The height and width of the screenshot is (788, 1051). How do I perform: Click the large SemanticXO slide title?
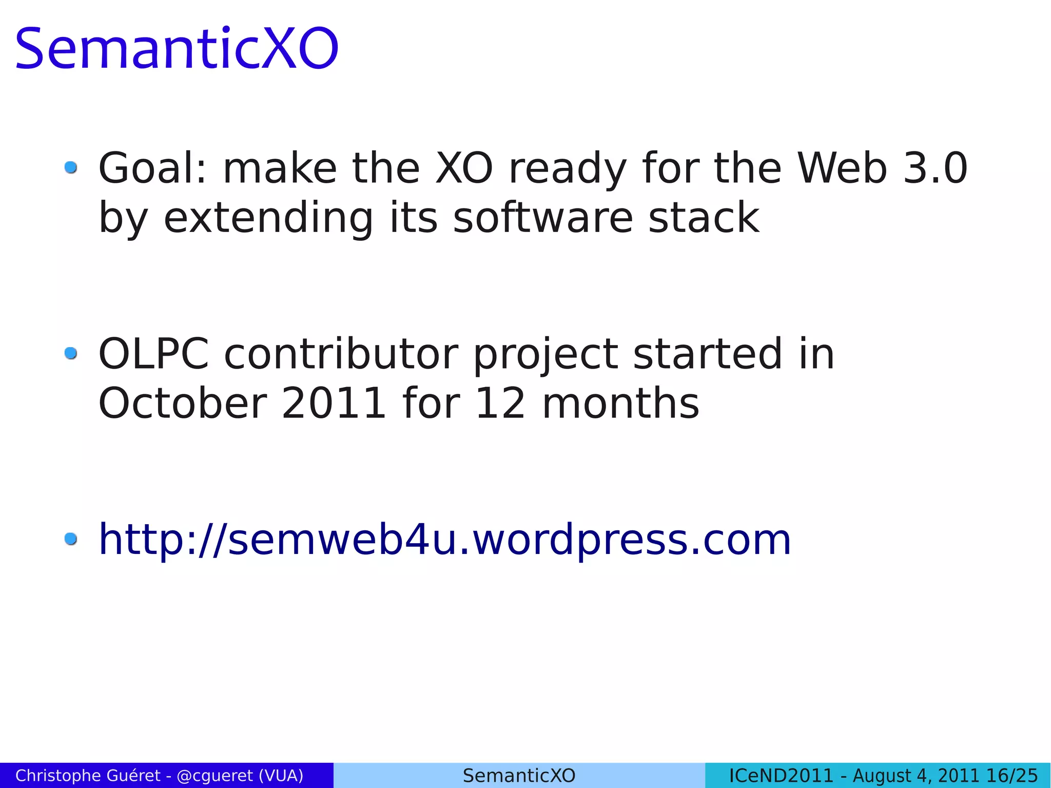click(177, 49)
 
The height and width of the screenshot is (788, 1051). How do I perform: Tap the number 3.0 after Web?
click(935, 168)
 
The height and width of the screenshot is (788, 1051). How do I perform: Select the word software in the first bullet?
click(543, 218)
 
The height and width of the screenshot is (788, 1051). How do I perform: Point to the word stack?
click(704, 218)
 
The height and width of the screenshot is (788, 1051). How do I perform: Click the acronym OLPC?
click(153, 354)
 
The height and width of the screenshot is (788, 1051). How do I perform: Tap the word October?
click(183, 403)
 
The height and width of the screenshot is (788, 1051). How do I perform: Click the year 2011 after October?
click(334, 403)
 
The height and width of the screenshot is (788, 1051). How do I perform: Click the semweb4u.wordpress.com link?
click(444, 540)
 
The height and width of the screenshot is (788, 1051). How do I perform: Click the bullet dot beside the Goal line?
click(71, 167)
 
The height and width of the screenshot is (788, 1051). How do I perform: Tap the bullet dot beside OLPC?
click(71, 353)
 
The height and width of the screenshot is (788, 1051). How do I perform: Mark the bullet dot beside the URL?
click(71, 539)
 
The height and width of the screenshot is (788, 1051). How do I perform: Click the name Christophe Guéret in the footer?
click(88, 775)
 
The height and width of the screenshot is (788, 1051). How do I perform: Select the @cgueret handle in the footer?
click(215, 775)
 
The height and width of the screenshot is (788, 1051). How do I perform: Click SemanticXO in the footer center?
click(519, 775)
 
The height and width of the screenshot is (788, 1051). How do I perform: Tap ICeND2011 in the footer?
click(781, 775)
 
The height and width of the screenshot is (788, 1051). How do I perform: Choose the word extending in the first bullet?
click(268, 218)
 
